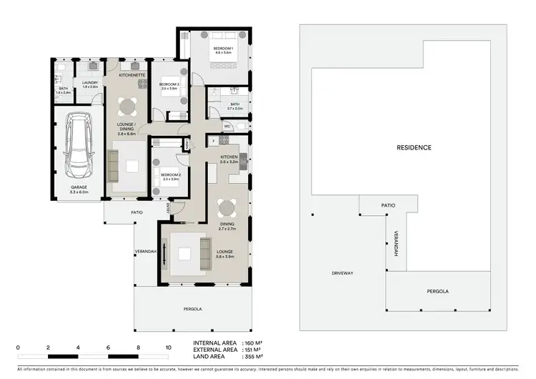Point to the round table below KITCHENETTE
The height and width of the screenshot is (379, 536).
[126, 107]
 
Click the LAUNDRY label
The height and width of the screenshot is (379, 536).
[89, 83]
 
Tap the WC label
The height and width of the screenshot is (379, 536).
[227, 127]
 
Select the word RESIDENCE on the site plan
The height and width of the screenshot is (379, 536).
[414, 147]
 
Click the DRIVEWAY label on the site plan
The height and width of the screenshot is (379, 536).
[343, 274]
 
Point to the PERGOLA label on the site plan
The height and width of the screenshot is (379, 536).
[437, 292]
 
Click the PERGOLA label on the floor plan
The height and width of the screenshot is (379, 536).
[192, 309]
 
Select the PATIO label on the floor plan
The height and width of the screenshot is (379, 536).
[137, 212]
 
